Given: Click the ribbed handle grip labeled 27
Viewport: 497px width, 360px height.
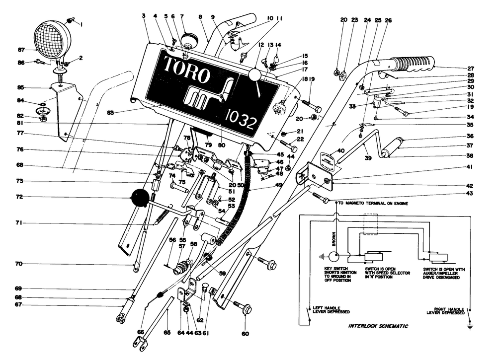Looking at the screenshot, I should click(413, 65).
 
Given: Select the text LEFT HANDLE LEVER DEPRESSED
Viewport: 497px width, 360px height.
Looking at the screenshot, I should click(330, 309).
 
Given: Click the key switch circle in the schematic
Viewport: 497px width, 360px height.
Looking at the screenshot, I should click(334, 257).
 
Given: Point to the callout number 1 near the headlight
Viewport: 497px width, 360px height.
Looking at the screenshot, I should click(82, 24).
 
